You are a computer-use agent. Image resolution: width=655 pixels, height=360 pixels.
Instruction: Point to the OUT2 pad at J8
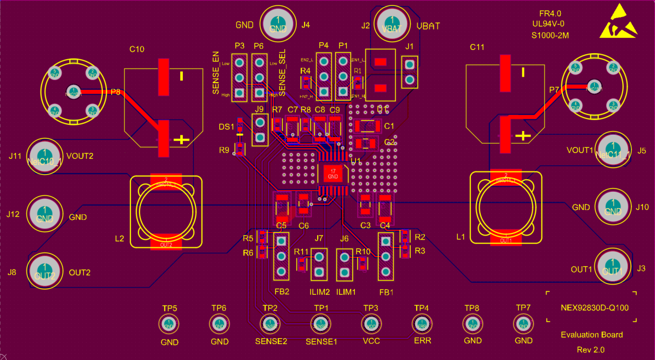click(x=45, y=271)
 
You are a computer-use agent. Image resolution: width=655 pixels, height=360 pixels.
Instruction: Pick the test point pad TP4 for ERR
click(x=421, y=324)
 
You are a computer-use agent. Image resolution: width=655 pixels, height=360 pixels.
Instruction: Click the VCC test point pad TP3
click(x=371, y=324)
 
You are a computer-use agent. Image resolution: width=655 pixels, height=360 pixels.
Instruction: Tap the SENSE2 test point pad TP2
click(x=269, y=324)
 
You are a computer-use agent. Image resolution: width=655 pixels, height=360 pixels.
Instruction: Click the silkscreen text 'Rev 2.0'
click(x=591, y=349)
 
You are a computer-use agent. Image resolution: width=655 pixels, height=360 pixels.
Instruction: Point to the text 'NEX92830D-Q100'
click(x=594, y=307)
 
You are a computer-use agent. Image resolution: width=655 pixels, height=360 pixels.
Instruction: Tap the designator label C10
click(x=137, y=49)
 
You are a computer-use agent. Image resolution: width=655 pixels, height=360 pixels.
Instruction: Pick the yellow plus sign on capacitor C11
click(x=524, y=135)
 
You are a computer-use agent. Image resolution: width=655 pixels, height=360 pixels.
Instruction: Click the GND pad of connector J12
click(x=45, y=213)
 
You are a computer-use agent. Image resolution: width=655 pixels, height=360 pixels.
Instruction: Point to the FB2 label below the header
click(x=281, y=292)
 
